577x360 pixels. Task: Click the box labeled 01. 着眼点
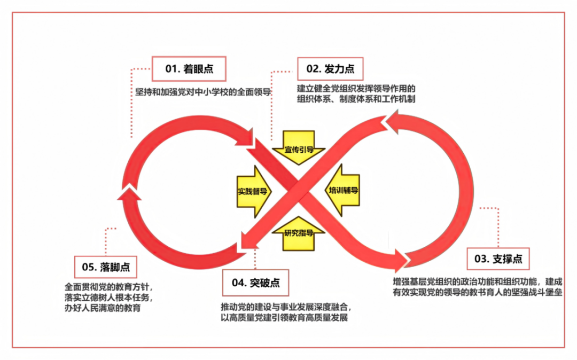pos(189,68)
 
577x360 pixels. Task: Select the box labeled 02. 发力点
pos(330,69)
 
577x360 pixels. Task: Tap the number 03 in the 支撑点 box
pos(481,260)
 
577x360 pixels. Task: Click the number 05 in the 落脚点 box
pos(89,266)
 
